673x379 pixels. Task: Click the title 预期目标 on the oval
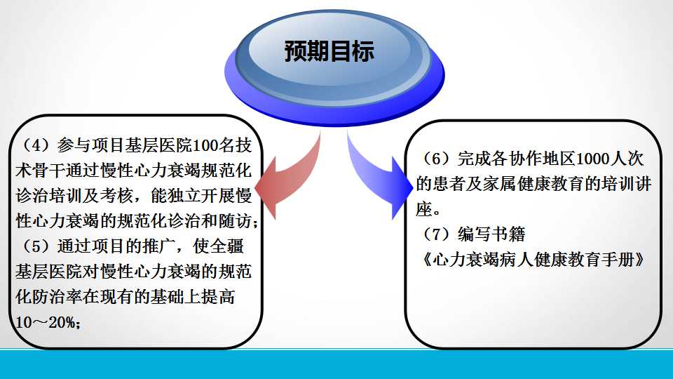329,51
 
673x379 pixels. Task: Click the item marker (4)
34,145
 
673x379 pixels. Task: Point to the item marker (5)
34,246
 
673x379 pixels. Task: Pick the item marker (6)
435,159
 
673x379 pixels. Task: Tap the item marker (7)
435,234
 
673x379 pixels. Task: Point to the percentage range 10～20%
48,322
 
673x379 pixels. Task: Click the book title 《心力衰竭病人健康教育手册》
533,260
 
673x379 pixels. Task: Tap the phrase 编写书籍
491,234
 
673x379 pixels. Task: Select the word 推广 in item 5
159,246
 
